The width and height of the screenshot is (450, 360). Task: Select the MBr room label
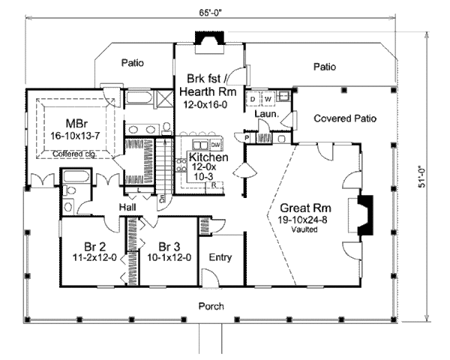click(x=73, y=122)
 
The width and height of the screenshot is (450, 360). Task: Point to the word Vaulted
click(x=303, y=229)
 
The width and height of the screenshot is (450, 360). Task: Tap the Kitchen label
click(x=204, y=157)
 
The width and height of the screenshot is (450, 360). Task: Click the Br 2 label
click(x=94, y=245)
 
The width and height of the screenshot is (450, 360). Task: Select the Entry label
click(x=220, y=257)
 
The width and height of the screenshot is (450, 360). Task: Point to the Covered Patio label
click(x=344, y=118)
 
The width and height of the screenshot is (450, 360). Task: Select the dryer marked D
click(x=253, y=99)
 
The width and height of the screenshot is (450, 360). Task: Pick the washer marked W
click(x=266, y=99)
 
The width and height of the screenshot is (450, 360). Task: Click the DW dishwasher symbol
click(x=215, y=144)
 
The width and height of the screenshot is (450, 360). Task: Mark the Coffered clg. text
click(x=73, y=154)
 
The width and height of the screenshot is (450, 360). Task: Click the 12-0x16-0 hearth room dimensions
click(x=205, y=106)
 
